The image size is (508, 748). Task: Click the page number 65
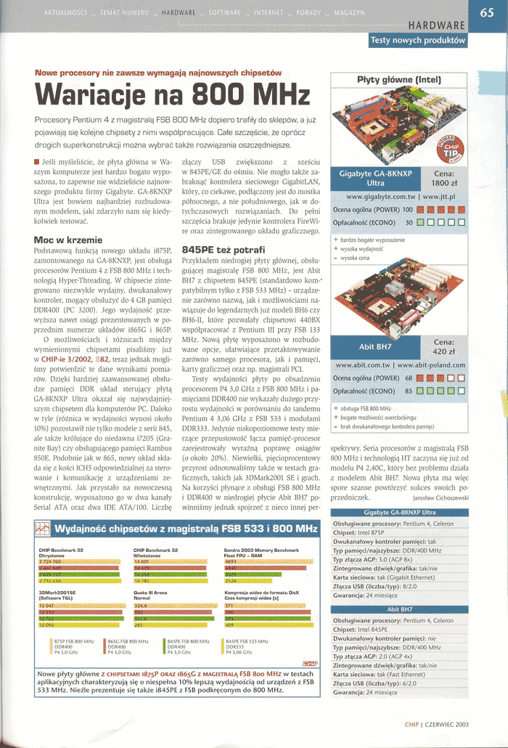pos(487,12)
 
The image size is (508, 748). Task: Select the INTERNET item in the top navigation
pos(269,13)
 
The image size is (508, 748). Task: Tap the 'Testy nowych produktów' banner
pos(417,41)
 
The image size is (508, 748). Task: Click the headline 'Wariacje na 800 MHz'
pos(173,96)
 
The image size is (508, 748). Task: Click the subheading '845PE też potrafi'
pos(214,248)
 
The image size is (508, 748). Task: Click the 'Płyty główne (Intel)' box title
pos(398,80)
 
